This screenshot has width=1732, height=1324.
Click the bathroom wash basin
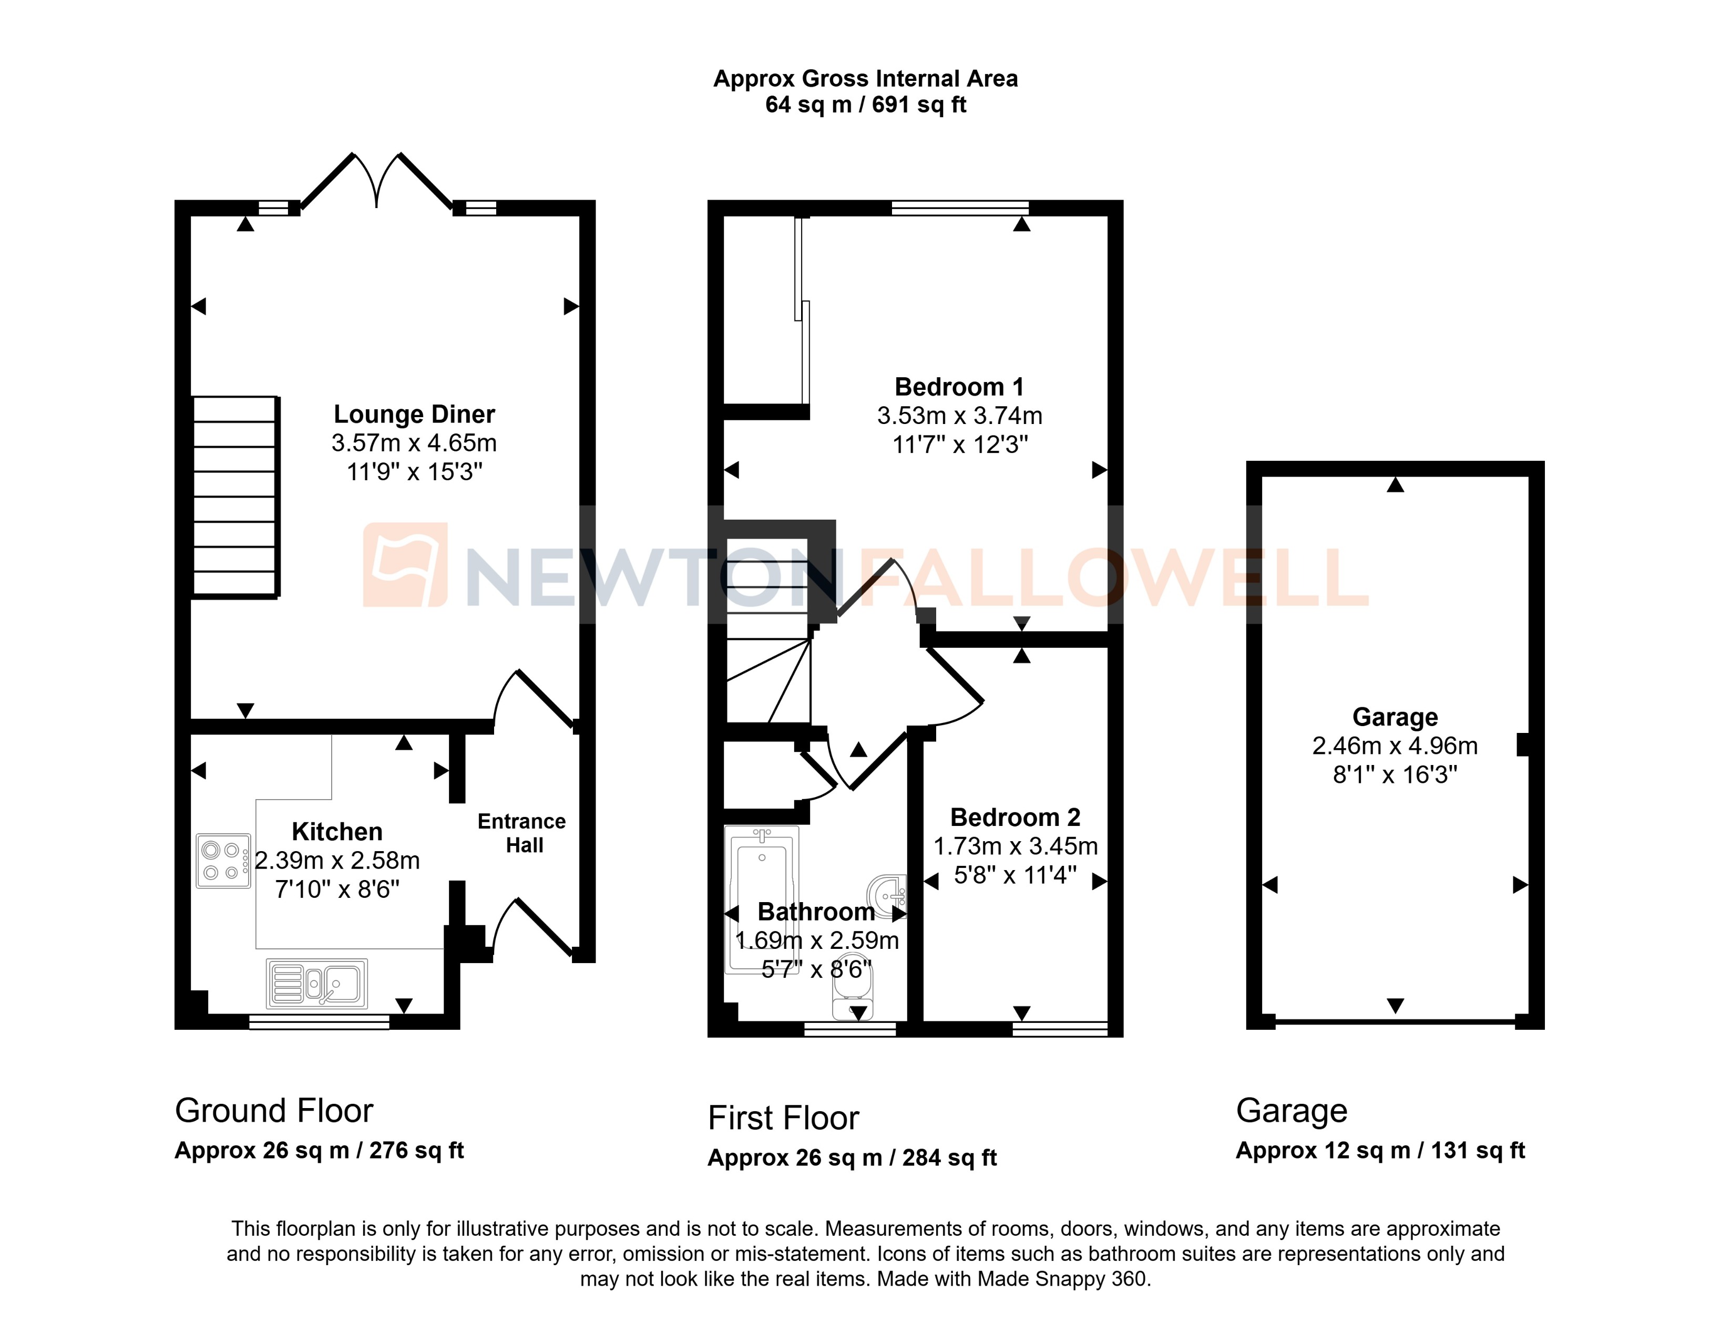point(888,896)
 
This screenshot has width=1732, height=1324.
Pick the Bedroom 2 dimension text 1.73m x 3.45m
point(1016,846)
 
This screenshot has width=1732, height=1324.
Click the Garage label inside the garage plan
point(1395,717)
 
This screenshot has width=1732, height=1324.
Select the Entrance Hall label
point(522,833)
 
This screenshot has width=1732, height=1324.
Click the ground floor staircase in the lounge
point(235,496)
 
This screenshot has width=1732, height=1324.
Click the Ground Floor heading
point(273,1111)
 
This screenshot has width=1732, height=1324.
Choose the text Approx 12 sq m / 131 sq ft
point(1380,1151)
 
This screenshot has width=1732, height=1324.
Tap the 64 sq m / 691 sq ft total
point(866,105)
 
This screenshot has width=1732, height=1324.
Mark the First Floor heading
point(783,1118)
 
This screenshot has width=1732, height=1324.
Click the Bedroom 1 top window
point(959,208)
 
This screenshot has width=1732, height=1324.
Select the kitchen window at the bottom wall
point(319,1022)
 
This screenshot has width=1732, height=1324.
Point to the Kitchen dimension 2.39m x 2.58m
point(337,861)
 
